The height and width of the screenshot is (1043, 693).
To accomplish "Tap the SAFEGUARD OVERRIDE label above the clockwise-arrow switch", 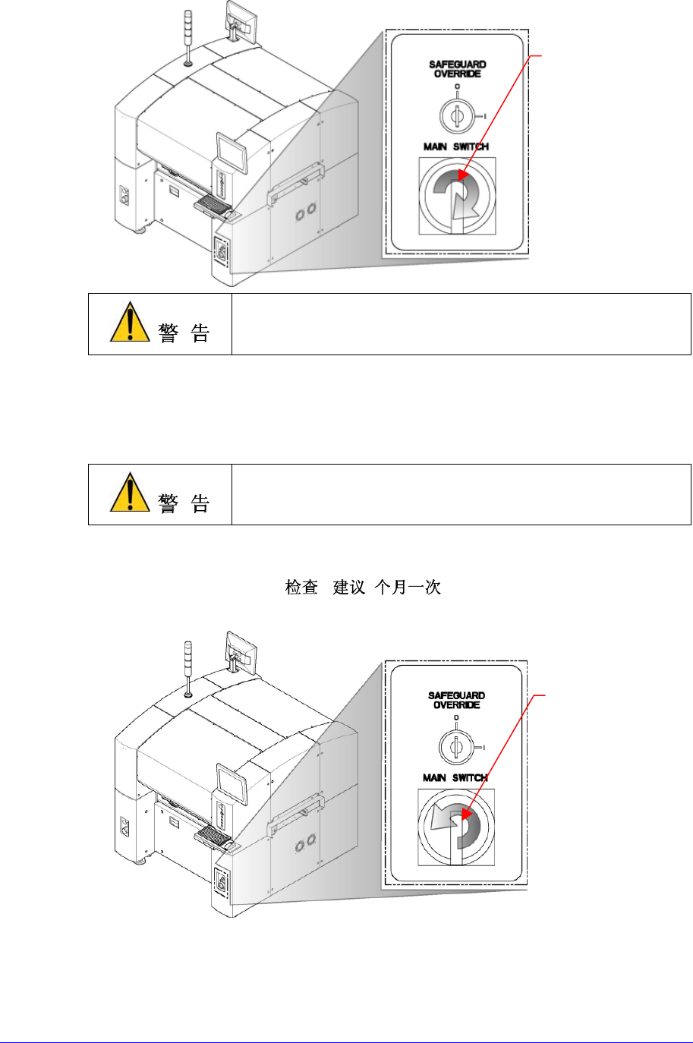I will click(457, 69).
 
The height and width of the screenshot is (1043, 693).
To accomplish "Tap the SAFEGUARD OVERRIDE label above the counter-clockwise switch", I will click(457, 700).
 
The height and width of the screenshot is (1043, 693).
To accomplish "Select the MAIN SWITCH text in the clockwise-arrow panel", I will click(455, 147).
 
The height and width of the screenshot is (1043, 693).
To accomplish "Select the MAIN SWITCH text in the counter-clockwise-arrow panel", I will click(455, 777).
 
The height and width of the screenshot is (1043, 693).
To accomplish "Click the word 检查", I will click(301, 588).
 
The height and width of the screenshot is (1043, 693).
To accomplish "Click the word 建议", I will click(350, 588).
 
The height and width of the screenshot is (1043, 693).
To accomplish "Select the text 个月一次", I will click(408, 588).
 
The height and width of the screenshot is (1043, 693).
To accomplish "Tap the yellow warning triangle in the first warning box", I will click(130, 323).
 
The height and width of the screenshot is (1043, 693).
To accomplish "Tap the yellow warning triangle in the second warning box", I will click(130, 493).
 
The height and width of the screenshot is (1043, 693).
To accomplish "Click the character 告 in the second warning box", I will click(200, 503).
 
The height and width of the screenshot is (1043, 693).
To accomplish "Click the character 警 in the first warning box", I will click(169, 333).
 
